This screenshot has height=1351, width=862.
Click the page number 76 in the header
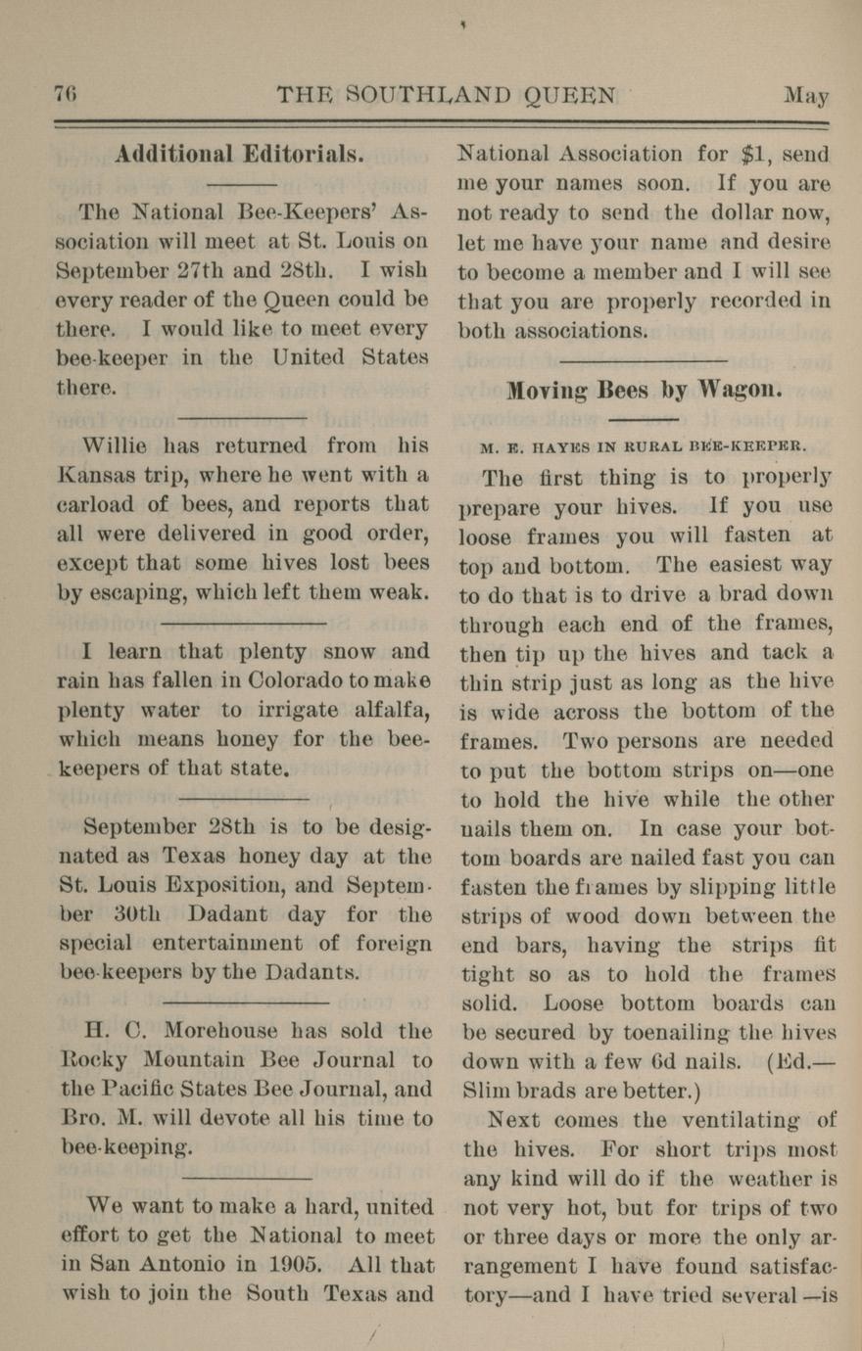(65, 95)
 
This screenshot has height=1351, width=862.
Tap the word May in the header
(805, 96)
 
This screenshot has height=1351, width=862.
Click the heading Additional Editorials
(240, 155)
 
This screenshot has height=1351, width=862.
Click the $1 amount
(751, 155)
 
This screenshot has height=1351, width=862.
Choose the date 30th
(141, 915)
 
